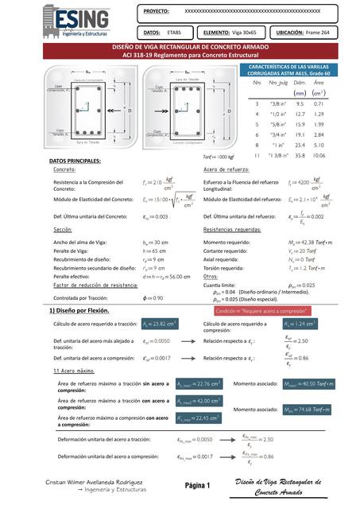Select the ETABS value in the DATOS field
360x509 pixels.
pyautogui.click(x=173, y=33)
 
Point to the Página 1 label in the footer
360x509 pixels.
pyautogui.click(x=195, y=485)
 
